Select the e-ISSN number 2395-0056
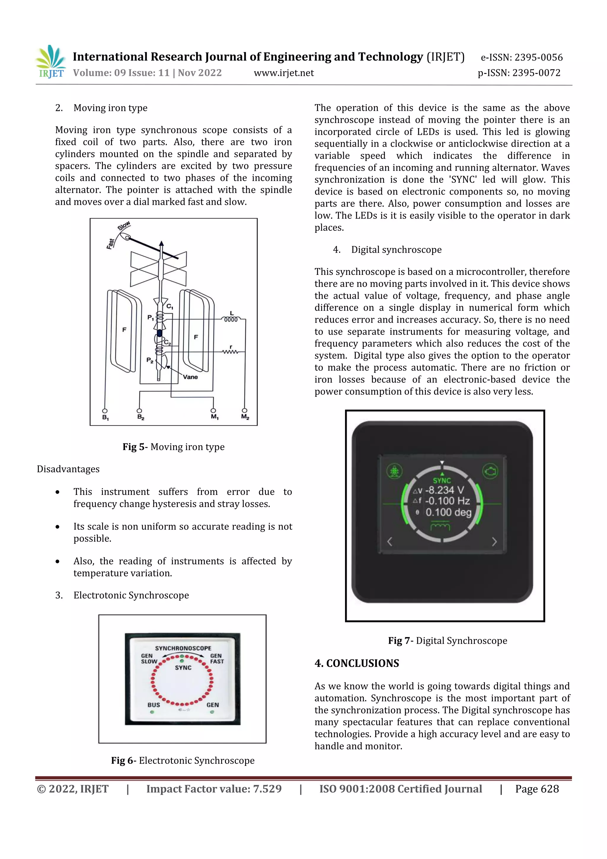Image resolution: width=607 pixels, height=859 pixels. point(538,57)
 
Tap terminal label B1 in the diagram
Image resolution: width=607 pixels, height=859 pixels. point(106,417)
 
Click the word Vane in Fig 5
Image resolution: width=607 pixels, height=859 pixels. point(190,377)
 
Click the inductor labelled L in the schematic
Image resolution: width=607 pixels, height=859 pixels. point(231,319)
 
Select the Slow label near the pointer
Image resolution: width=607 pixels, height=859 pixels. point(124,226)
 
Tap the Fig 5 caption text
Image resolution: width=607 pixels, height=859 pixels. point(174,447)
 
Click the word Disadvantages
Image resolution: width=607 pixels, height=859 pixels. point(68,469)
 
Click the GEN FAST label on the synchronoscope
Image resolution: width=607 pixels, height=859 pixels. point(217,659)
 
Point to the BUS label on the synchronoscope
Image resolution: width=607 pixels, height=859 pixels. point(154,705)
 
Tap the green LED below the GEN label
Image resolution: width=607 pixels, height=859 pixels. point(212,712)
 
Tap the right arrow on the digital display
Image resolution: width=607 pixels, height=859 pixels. point(494,541)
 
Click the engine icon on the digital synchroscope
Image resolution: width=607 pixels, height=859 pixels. point(490,471)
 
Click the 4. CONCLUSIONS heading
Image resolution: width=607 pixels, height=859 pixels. point(357,663)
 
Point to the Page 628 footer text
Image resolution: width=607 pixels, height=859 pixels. point(537,789)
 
